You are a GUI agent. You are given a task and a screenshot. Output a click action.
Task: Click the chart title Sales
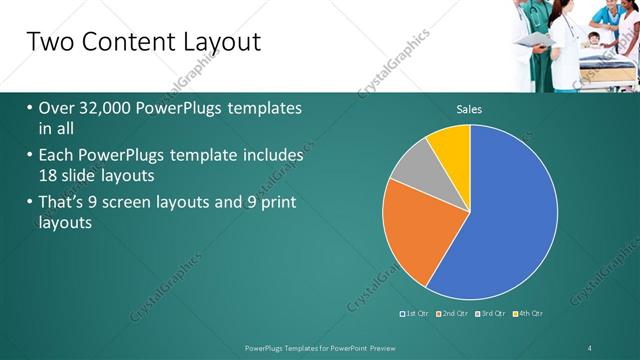(469, 109)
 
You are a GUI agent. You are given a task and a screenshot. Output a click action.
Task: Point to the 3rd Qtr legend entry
(492, 314)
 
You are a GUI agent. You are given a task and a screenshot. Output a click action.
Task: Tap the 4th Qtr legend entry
(530, 314)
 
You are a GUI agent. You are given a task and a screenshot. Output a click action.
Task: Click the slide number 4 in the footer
(590, 347)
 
